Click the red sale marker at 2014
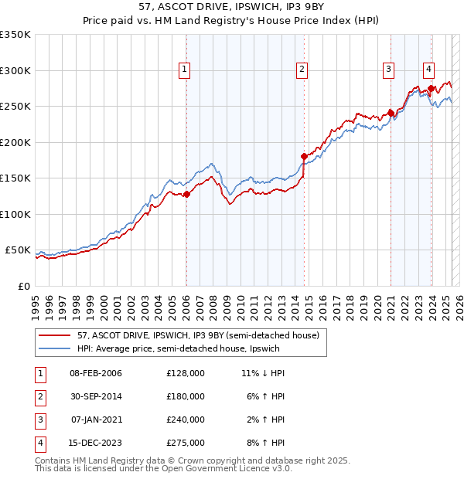point(304,156)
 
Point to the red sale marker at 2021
point(391,113)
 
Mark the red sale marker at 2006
point(186,194)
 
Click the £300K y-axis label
point(15,70)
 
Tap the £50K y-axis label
point(18,250)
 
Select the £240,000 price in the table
point(186,420)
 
